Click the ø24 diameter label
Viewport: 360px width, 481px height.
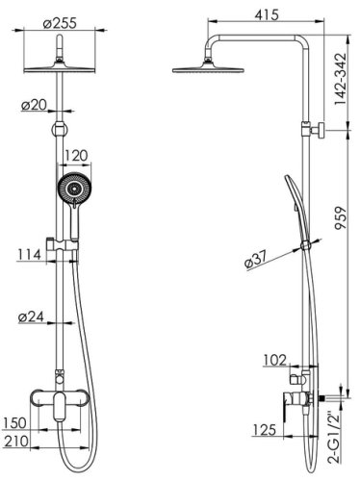[33, 316]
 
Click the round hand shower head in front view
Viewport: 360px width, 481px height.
[72, 189]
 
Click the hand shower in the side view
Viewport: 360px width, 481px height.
[291, 202]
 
